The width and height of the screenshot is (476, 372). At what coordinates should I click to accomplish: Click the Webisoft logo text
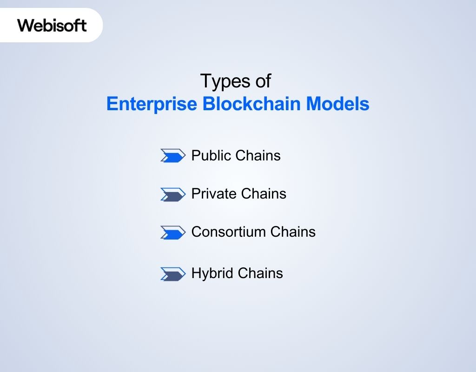click(x=52, y=25)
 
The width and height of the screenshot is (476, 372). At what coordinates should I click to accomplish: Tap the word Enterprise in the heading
click(x=151, y=104)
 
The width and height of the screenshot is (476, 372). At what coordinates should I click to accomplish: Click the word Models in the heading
click(x=337, y=104)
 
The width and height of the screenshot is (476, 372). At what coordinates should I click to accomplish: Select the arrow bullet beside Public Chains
click(x=172, y=156)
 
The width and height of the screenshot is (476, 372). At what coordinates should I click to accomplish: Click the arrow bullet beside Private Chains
click(x=172, y=194)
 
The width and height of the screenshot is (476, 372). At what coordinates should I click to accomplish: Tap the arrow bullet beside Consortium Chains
click(x=172, y=232)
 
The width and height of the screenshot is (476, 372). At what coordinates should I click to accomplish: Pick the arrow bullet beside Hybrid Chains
click(x=172, y=274)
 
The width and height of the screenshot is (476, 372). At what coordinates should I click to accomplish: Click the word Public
click(x=212, y=155)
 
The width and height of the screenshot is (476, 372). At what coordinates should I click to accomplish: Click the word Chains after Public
click(x=258, y=155)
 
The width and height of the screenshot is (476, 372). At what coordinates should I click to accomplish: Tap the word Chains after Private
click(x=264, y=193)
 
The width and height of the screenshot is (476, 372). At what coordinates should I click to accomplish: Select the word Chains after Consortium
click(x=293, y=232)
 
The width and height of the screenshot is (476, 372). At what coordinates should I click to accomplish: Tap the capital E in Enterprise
click(x=112, y=104)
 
